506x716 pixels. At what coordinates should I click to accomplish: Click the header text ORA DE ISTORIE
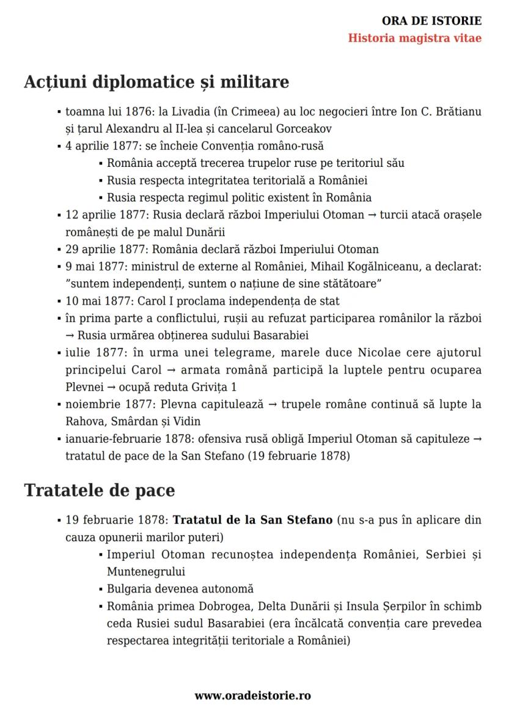point(432,21)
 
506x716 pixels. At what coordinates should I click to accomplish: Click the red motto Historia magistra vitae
point(415,38)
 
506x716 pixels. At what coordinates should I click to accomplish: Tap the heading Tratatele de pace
point(100,490)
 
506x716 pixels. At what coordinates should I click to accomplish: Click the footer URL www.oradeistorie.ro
point(253,695)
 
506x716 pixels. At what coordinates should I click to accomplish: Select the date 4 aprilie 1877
point(94,146)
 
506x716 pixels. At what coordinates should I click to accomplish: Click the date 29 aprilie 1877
point(97,249)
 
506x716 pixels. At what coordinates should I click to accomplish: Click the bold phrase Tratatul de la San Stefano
point(253,520)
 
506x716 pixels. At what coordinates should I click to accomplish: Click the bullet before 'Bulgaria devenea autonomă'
point(100,589)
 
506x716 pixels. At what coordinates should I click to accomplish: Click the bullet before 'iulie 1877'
point(59,353)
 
